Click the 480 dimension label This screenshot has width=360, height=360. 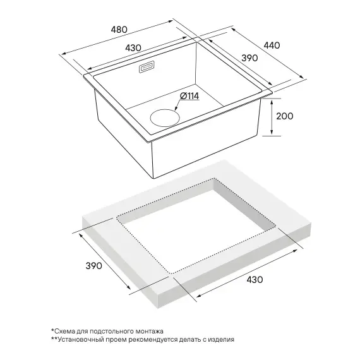coord(119,30)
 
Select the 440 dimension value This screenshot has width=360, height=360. coord(272,45)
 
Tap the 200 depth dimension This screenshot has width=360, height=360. coord(284,116)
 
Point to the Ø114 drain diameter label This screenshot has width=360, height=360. coord(189,96)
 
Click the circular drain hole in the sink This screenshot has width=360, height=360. coord(165,117)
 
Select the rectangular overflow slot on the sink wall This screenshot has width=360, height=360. coord(147,68)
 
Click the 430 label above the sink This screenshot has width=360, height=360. coord(133,48)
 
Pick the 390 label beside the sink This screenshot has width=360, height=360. coord(249,58)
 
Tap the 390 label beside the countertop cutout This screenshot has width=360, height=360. coord(93,266)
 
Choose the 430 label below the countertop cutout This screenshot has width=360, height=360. coord(255,280)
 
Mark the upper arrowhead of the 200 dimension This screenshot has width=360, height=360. coord(272,102)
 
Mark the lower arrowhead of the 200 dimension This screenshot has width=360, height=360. coord(272,133)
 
